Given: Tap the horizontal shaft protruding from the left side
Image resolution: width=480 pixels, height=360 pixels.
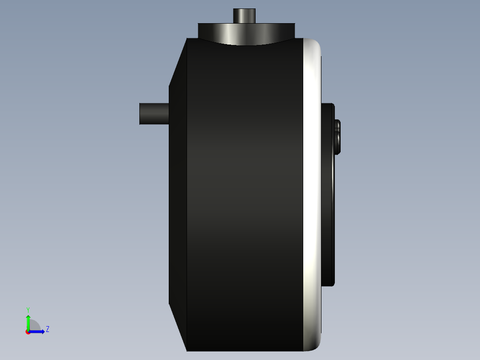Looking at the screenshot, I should (x=154, y=114).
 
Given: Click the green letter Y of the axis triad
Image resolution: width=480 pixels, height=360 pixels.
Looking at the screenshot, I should (x=28, y=309).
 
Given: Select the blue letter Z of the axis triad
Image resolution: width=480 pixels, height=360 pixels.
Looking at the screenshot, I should (x=47, y=329).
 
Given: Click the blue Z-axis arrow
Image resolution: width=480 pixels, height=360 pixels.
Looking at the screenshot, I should (x=37, y=331).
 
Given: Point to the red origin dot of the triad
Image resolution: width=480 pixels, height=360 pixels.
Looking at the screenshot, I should (x=28, y=332).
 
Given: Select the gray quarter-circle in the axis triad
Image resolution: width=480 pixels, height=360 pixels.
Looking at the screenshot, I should (x=35, y=326).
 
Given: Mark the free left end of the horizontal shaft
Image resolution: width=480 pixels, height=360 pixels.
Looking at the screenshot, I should (x=141, y=114).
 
